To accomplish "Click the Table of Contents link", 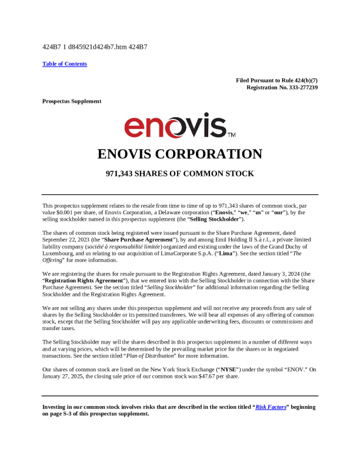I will pyautogui.click(x=65, y=64).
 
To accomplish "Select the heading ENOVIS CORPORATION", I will pyautogui.click(x=179, y=154).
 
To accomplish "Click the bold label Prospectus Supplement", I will pyautogui.click(x=72, y=101).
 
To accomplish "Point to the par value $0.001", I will pyautogui.click(x=65, y=212).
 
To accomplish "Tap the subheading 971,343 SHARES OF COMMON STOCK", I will pyautogui.click(x=179, y=174).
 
